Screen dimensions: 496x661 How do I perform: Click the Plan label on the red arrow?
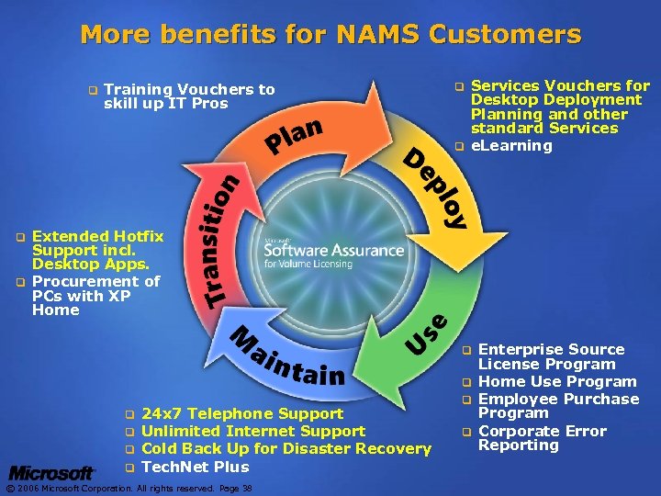click(x=295, y=134)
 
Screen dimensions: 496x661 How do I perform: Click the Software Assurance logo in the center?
click(x=333, y=251)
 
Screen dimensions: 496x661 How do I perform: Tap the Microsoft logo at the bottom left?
click(x=52, y=473)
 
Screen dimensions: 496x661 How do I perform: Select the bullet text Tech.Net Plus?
click(x=196, y=467)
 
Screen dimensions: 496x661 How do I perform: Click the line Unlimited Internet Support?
click(x=254, y=431)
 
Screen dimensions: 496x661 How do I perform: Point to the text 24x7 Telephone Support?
click(x=243, y=413)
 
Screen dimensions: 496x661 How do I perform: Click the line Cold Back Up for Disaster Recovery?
click(x=287, y=448)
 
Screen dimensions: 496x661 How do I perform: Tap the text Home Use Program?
click(x=557, y=381)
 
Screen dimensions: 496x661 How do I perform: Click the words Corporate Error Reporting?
click(x=542, y=438)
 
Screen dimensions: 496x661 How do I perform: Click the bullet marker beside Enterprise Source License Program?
click(x=466, y=350)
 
